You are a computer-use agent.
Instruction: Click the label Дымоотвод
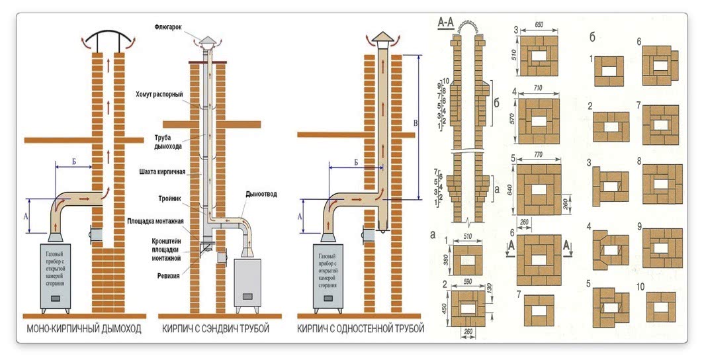261,194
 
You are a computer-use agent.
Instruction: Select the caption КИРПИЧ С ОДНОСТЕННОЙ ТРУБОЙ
361,329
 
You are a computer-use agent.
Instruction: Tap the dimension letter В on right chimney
415,123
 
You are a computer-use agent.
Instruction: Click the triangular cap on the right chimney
382,35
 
